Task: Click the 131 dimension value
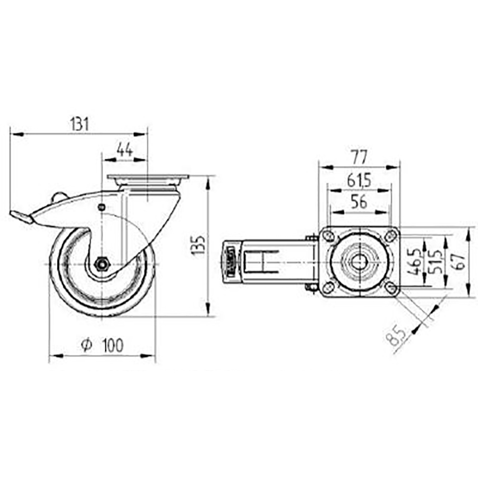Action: (78, 124)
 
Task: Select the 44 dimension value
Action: (124, 150)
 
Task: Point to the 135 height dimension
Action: (198, 245)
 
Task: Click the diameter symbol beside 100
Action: (86, 345)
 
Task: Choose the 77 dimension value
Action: (359, 157)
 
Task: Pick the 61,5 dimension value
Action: (359, 180)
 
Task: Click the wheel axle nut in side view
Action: (101, 263)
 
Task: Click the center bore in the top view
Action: (360, 262)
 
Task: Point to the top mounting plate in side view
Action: (148, 177)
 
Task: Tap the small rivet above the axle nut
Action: (101, 207)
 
